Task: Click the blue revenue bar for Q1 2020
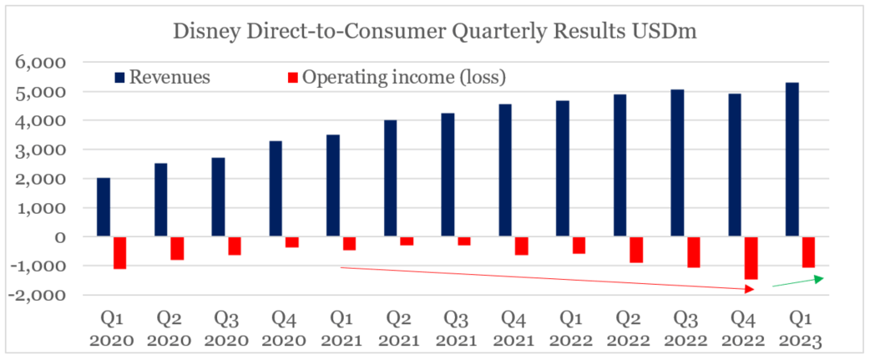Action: [104, 207]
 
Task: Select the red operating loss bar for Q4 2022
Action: [751, 257]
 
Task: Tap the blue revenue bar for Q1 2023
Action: [792, 160]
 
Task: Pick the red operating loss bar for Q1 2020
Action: [119, 252]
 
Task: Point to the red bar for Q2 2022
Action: [636, 250]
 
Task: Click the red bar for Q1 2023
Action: [808, 252]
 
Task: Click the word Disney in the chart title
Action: [200, 33]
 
